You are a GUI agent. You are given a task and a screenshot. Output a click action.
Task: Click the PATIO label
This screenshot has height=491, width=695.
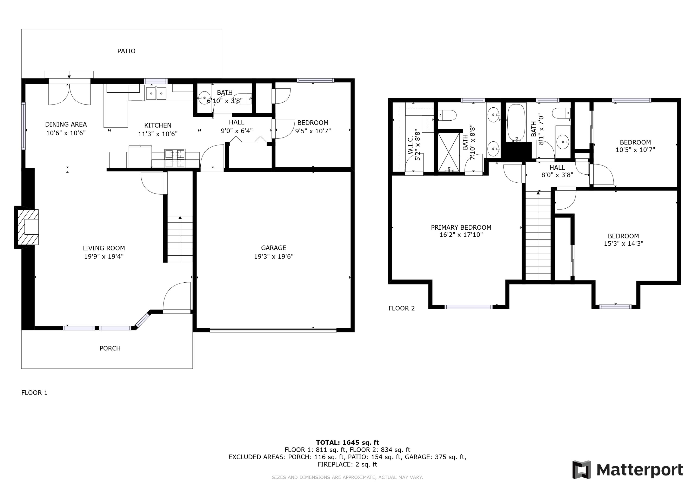click(126, 51)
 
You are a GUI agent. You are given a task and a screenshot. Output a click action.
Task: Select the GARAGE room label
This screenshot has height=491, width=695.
click(273, 248)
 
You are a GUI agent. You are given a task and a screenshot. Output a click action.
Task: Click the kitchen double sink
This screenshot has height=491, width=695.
click(156, 93)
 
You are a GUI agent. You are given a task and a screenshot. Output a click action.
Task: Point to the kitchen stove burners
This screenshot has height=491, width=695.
click(175, 154)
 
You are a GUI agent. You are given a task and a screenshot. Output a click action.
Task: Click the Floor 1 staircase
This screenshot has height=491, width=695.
click(180, 239)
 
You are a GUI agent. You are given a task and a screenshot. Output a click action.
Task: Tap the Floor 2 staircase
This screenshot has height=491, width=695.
click(538, 236)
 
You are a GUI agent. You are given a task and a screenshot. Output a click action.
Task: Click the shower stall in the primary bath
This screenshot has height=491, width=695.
click(449, 152)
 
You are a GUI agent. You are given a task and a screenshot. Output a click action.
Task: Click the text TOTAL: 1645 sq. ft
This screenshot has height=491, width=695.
click(347, 443)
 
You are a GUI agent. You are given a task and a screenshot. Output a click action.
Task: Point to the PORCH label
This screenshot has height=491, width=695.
click(110, 348)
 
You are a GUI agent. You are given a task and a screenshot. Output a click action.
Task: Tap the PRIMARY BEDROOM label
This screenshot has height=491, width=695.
click(461, 227)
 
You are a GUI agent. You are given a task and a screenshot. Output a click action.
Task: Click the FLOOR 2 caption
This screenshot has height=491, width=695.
click(401, 308)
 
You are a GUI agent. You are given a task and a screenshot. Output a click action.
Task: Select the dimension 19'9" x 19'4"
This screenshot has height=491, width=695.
click(104, 256)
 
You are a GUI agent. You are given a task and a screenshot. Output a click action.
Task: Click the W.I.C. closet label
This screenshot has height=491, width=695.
click(411, 145)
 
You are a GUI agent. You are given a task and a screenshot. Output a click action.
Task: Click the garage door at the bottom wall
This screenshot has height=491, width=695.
click(273, 330)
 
